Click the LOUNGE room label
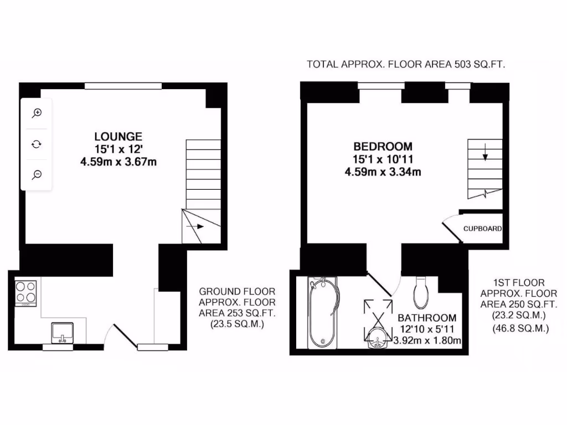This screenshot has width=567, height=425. pos(118,136)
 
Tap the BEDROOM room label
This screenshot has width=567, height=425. pos(383,147)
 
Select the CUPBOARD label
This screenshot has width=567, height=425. pos(482,229)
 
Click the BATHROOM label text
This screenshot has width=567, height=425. pos(427,318)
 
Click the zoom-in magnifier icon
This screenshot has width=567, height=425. pos(37,113)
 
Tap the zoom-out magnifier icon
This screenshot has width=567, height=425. pos(37,175)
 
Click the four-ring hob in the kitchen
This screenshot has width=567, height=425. pos(26,293)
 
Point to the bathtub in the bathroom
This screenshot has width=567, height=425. pos(322,313)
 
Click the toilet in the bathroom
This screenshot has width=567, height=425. pos(421,291)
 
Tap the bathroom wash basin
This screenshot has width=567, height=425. pos(378,338)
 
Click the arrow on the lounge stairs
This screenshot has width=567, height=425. pos(195,226)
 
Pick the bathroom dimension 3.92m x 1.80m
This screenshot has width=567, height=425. pos(427,341)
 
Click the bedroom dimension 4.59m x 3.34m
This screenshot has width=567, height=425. pos(383,172)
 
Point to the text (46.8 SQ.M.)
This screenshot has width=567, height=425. pos(520,329)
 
